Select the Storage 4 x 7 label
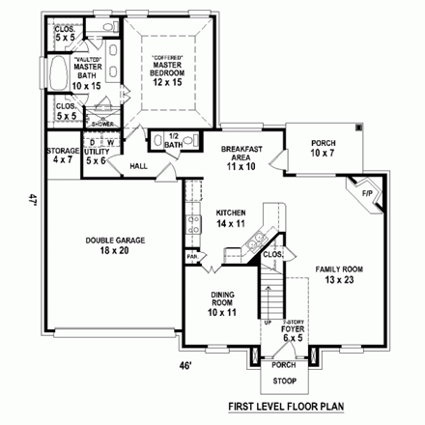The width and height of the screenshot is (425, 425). pos(63,156)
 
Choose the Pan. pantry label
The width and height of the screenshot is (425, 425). pos(192,256)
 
